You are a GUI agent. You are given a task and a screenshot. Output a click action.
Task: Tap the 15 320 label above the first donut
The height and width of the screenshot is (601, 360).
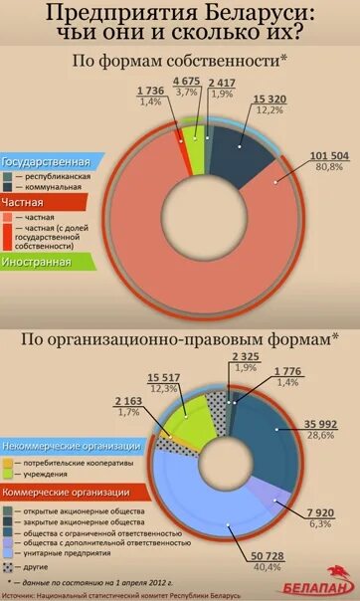tap(270, 99)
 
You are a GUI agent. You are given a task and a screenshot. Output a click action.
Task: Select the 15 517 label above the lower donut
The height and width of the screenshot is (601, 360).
tap(163, 377)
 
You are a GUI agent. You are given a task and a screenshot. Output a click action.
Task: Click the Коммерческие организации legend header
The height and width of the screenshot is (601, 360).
tap(67, 492)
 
